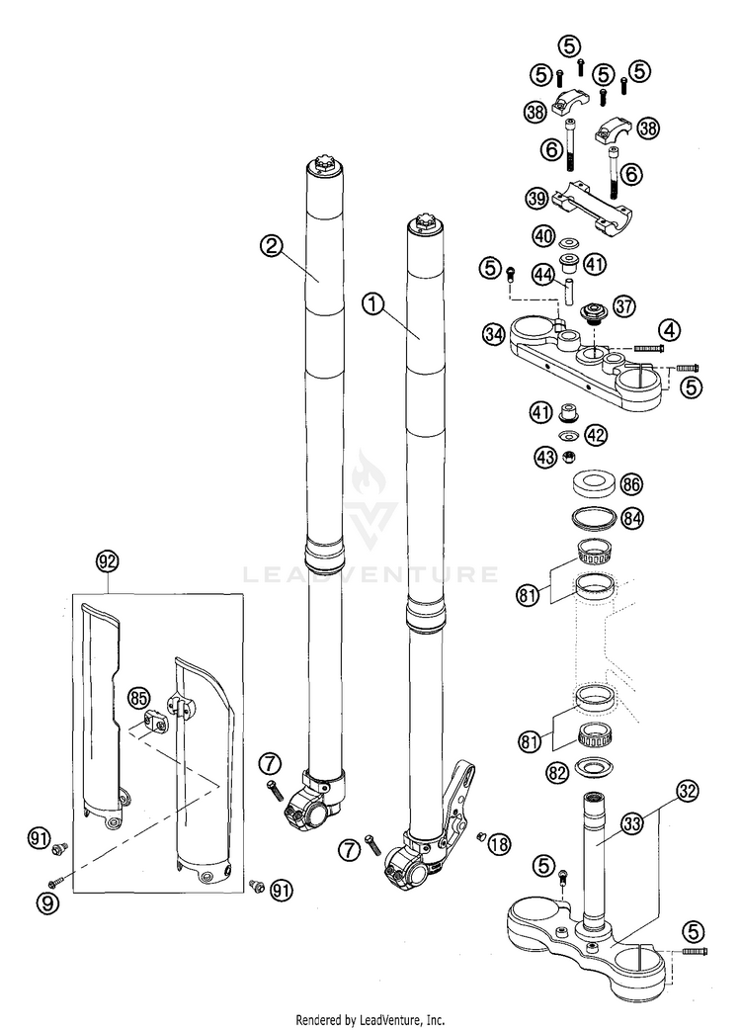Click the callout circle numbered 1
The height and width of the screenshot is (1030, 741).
click(x=371, y=305)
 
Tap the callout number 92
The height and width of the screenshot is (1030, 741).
click(x=108, y=560)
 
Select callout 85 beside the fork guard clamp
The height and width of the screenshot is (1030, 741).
click(x=138, y=699)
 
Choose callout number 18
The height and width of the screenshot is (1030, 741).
click(x=500, y=843)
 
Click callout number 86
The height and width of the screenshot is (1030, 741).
click(x=631, y=484)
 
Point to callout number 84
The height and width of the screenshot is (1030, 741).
click(x=631, y=518)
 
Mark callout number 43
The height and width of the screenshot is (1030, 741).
click(x=544, y=457)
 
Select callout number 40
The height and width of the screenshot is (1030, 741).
click(x=542, y=237)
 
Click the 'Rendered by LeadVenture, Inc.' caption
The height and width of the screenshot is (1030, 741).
click(x=370, y=1018)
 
